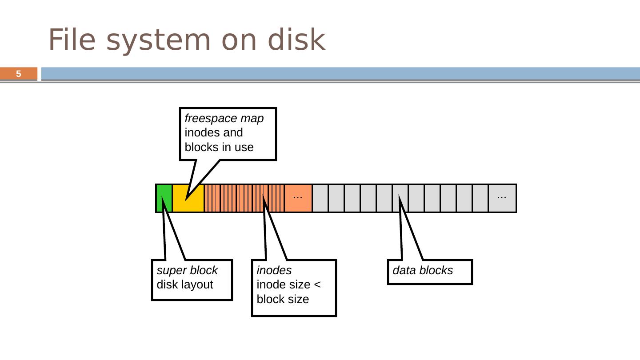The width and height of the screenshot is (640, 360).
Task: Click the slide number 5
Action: [19, 74]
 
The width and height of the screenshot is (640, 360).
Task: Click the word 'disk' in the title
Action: [296, 40]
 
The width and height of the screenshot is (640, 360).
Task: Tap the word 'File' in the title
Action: [72, 40]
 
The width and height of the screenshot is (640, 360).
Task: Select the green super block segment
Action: [164, 198]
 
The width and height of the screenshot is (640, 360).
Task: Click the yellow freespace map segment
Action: [188, 198]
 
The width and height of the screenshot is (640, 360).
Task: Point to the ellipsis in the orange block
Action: [298, 197]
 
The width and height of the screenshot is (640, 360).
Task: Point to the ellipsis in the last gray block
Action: [502, 197]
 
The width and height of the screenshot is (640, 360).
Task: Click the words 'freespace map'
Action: [224, 118]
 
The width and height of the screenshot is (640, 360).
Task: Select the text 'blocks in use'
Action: [219, 147]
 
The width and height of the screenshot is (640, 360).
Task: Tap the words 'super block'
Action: [187, 270]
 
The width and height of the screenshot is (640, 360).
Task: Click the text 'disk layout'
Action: [185, 284]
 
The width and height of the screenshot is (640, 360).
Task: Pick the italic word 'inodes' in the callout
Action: [274, 270]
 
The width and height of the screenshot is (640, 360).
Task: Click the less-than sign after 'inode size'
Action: [317, 284]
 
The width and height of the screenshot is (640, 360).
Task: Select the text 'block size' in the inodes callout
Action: [283, 299]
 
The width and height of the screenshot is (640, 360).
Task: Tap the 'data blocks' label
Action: [423, 270]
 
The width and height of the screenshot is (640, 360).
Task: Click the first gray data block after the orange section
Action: [320, 198]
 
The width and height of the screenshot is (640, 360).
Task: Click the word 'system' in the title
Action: [158, 41]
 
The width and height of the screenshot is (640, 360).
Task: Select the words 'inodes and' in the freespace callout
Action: [214, 132]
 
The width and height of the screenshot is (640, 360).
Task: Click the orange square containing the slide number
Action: [19, 74]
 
